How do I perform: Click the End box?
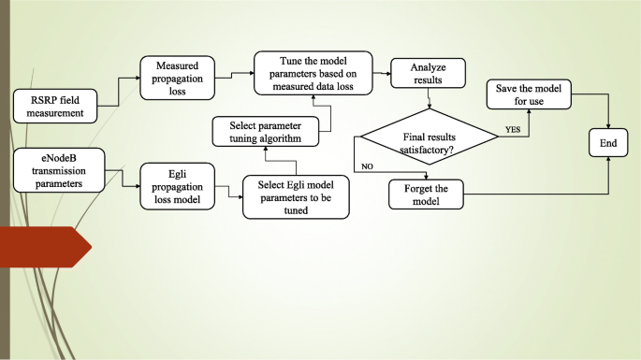coord(608,144)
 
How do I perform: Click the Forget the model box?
coord(426,194)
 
